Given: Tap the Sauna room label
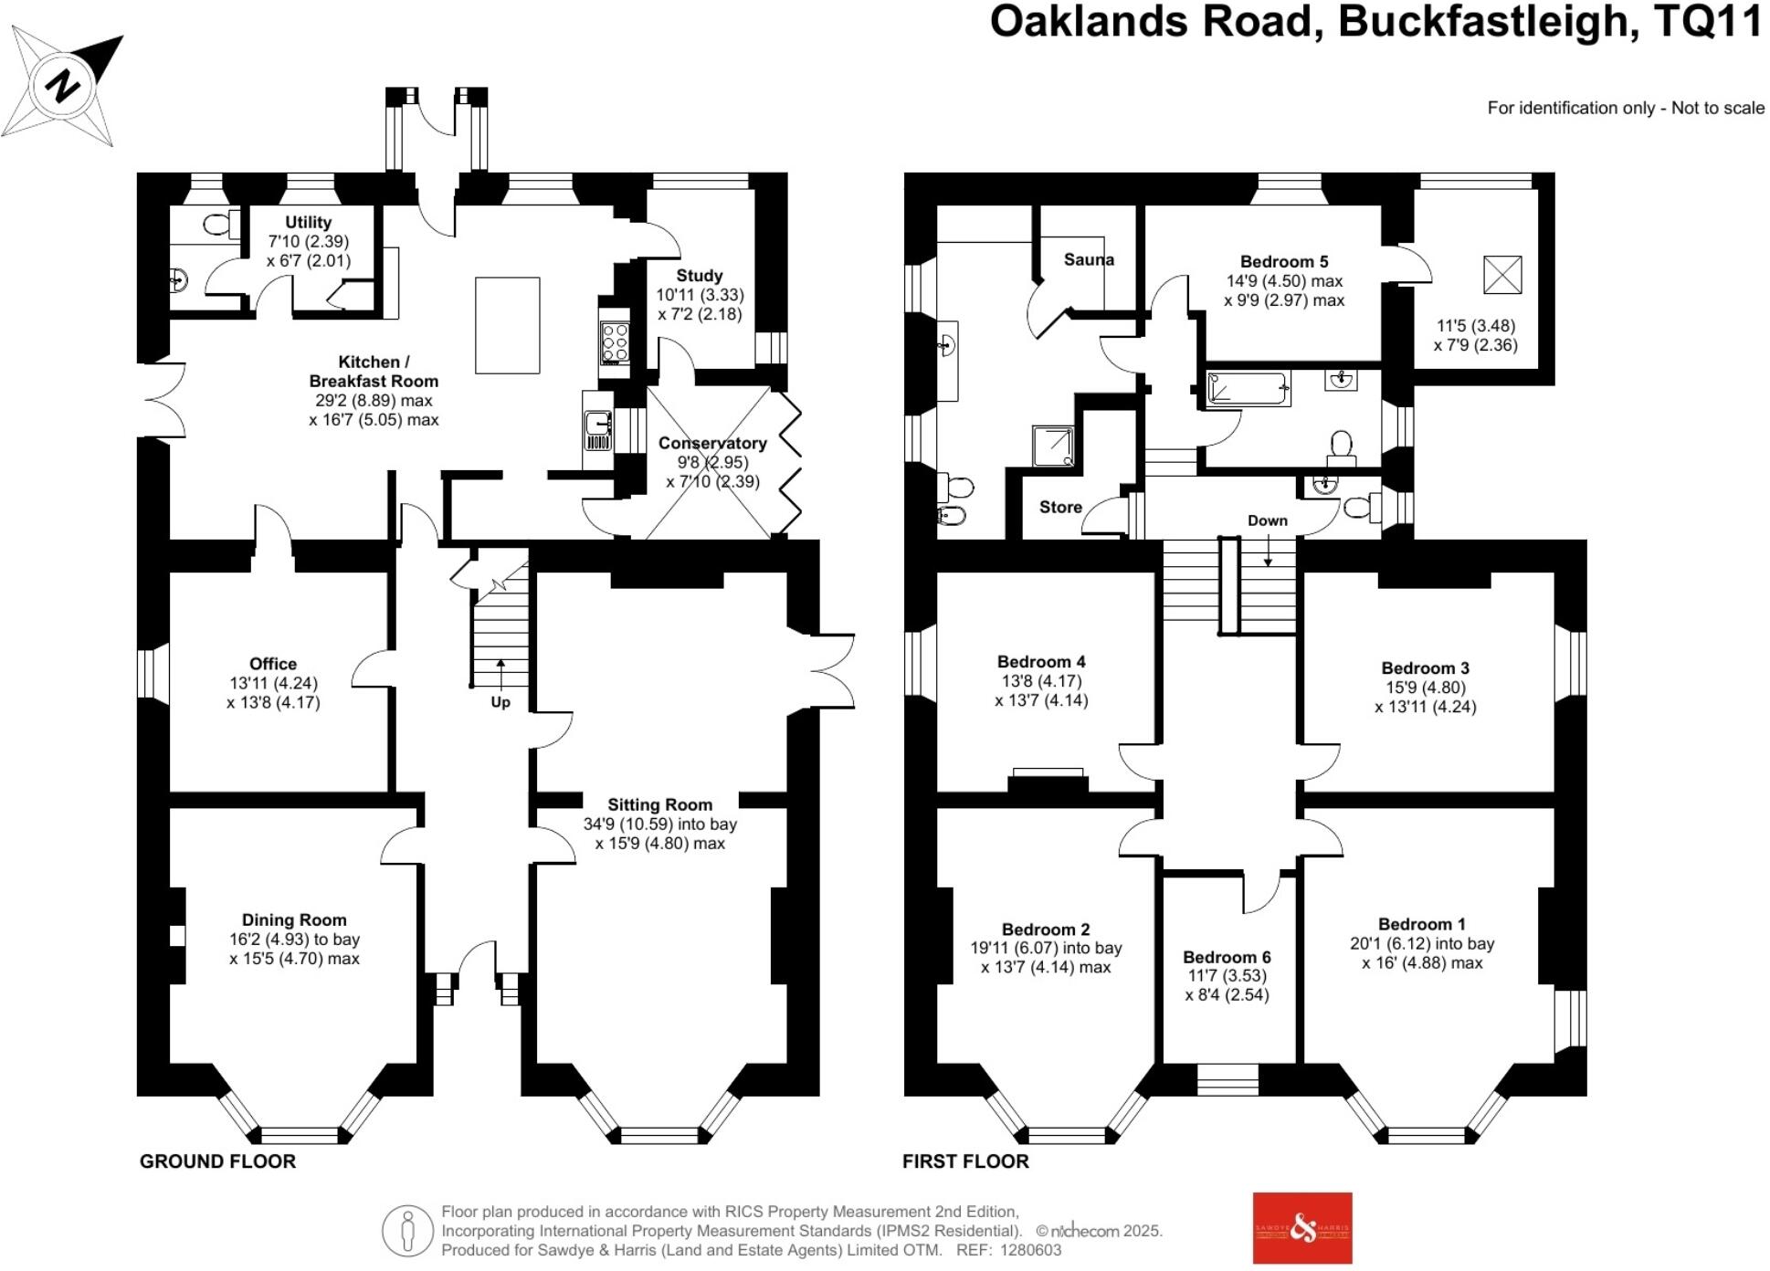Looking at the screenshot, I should pos(1089,259).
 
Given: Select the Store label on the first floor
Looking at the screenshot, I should pos(1060,507).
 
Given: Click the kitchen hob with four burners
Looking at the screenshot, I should pos(615,342).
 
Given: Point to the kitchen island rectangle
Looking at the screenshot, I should pos(507,326).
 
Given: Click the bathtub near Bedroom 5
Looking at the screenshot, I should pos(1247,388).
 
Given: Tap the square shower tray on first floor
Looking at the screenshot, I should pos(1056,446).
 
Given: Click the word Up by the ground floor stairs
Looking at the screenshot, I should pos(500,702).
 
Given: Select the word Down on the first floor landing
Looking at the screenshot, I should pos(1268,520).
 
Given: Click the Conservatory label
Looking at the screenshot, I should pos(712,444).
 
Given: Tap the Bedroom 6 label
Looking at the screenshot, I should pos(1227,957).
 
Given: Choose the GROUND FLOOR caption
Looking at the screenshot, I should pos(217,1161).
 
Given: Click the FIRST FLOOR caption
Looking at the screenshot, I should pos(965,1161).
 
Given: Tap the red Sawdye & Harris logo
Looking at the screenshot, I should pos(1301,1228).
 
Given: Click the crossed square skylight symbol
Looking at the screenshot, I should pos(1502,274).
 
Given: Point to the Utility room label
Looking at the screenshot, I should pos(308,222).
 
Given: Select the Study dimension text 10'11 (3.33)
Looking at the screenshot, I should pos(700,295).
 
